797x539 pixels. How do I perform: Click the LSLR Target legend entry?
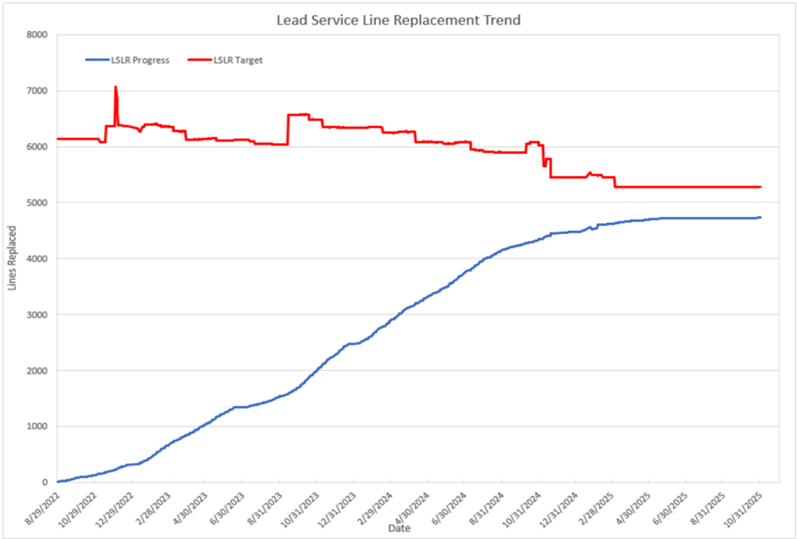click(238, 60)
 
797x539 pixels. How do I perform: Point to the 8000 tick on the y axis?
click(38, 35)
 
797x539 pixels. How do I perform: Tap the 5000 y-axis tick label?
click(38, 203)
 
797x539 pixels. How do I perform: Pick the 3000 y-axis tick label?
click(38, 314)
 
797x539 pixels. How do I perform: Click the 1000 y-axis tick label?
click(38, 427)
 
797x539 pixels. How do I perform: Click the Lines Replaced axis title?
click(12, 258)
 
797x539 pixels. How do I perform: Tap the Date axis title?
click(398, 528)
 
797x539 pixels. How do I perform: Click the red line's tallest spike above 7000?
click(116, 87)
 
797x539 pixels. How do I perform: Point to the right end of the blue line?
click(761, 217)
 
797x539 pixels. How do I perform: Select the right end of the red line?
click(761, 187)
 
